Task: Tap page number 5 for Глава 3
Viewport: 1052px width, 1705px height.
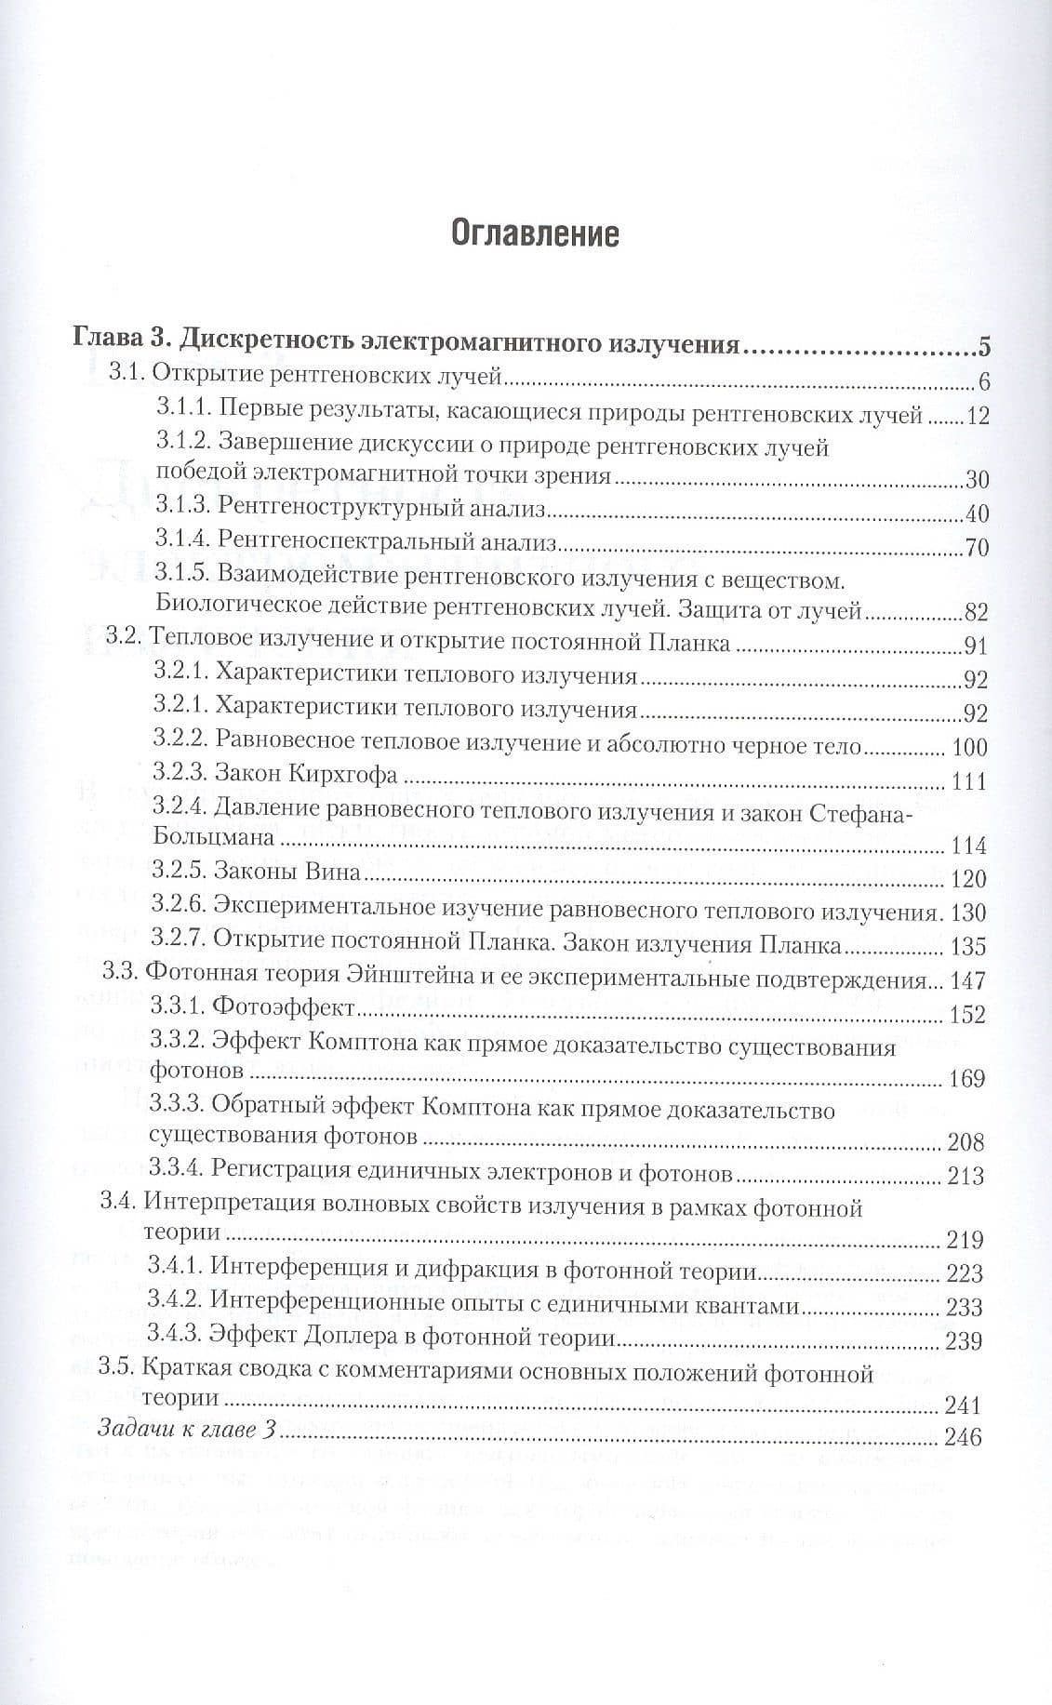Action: pyautogui.click(x=983, y=350)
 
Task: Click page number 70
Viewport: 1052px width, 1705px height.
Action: pyautogui.click(x=977, y=546)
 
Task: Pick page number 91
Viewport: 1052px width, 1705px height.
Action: pyautogui.click(x=976, y=646)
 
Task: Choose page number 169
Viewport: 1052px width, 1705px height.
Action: pyautogui.click(x=967, y=1079)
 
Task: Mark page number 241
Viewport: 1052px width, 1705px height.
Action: pyautogui.click(x=963, y=1405)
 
